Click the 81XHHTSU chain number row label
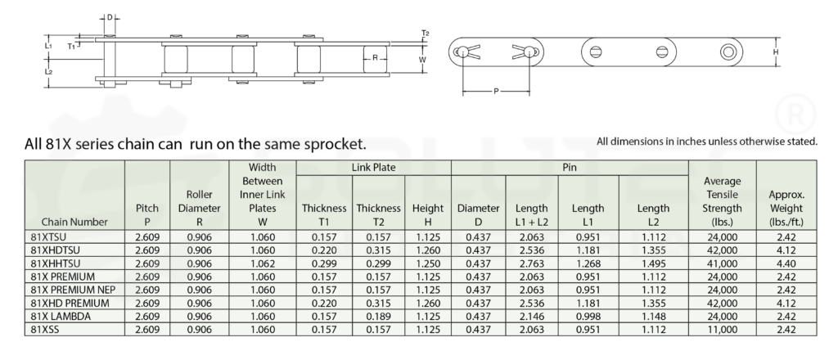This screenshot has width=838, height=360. pyautogui.click(x=55, y=263)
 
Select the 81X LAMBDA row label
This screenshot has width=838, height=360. pyautogui.click(x=61, y=316)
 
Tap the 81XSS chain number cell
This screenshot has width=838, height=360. pyautogui.click(x=45, y=330)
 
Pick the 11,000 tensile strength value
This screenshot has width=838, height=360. pyautogui.click(x=722, y=330)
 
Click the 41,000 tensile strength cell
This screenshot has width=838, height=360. pyautogui.click(x=722, y=263)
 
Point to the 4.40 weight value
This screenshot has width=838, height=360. pyautogui.click(x=786, y=263)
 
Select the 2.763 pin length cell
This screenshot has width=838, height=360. pyautogui.click(x=531, y=263)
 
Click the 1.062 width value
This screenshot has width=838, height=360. pyautogui.click(x=263, y=263)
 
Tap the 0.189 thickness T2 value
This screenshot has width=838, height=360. pyautogui.click(x=378, y=316)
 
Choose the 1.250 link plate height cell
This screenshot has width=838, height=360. pyautogui.click(x=428, y=263)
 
